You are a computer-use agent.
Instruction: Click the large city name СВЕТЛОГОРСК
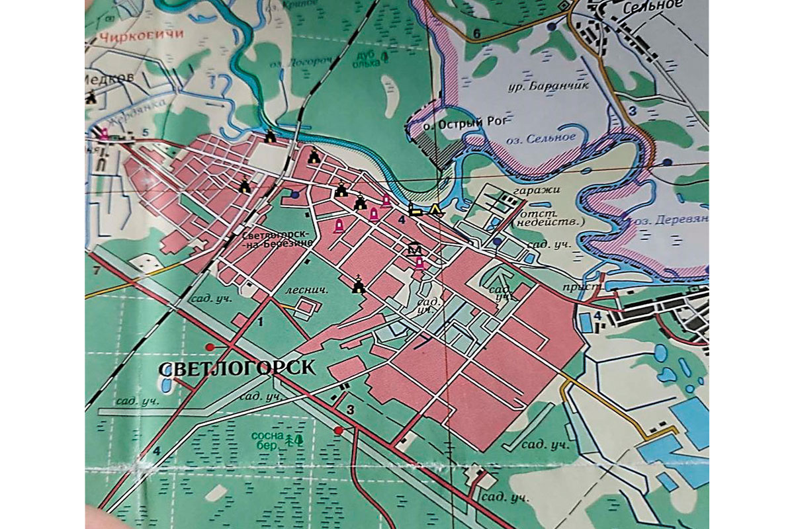238,368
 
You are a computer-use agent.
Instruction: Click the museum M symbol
415,249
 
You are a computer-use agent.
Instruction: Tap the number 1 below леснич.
260,323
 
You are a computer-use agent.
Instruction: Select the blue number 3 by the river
633,112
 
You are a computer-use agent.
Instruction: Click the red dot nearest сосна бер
339,430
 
